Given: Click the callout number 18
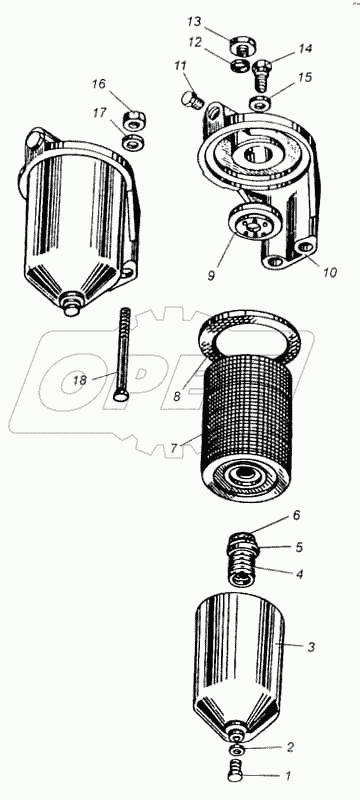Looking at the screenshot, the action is point(80,380).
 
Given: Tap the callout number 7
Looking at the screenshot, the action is point(174,448).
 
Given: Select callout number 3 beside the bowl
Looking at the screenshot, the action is point(312,647).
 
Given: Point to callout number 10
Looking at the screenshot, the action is point(330,272).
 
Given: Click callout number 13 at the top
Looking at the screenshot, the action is point(194,22).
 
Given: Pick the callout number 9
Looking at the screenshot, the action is point(212,275).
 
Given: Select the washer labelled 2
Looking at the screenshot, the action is point(236,749).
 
